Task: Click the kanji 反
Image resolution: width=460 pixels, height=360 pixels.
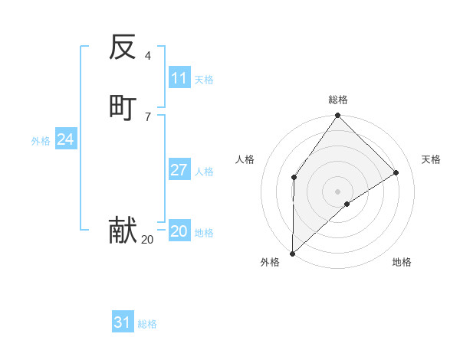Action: pyautogui.click(x=123, y=47)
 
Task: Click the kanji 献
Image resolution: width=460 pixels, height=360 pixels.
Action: pyautogui.click(x=123, y=230)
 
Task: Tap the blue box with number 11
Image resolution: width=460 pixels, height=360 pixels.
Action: pyautogui.click(x=179, y=78)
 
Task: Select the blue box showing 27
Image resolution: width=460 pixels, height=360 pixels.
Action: pyautogui.click(x=179, y=170)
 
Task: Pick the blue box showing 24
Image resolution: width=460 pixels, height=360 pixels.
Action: pyautogui.click(x=66, y=139)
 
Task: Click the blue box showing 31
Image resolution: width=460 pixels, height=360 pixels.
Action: pyautogui.click(x=123, y=322)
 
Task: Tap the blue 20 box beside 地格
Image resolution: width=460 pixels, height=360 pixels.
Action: pyautogui.click(x=179, y=231)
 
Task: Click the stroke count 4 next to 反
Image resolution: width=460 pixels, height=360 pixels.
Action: pyautogui.click(x=148, y=56)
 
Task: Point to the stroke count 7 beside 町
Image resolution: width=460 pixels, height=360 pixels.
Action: pyautogui.click(x=148, y=116)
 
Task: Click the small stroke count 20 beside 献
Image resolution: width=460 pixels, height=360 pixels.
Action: pyautogui.click(x=147, y=240)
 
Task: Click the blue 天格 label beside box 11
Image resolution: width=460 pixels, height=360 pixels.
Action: pyautogui.click(x=204, y=80)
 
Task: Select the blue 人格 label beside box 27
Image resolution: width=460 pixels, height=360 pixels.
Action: pyautogui.click(x=204, y=172)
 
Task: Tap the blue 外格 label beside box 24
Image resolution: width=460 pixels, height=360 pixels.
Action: pyautogui.click(x=41, y=141)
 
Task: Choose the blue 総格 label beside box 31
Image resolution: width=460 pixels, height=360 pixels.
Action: pyautogui.click(x=147, y=324)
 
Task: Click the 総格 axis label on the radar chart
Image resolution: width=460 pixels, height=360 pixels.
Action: pyautogui.click(x=338, y=100)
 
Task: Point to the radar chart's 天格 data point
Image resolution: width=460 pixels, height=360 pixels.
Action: pyautogui.click(x=396, y=172)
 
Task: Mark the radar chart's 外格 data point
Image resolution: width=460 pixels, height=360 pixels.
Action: pyautogui.click(x=292, y=253)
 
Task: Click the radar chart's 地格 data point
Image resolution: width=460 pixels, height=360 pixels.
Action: pyautogui.click(x=347, y=204)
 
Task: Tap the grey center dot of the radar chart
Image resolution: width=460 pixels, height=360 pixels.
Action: pyautogui.click(x=338, y=191)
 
